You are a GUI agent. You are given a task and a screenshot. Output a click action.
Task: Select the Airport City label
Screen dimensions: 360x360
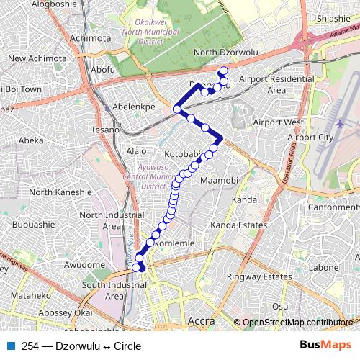(310, 137)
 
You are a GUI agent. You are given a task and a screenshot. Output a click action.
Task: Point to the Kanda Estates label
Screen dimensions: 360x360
(238, 225)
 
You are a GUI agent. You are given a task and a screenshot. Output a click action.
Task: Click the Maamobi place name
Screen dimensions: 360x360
(219, 179)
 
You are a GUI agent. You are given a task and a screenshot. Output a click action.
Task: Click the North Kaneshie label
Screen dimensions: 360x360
(60, 192)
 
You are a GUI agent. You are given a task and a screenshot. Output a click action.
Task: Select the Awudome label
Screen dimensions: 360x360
(85, 264)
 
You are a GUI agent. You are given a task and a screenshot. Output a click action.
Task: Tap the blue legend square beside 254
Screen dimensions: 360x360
(9, 346)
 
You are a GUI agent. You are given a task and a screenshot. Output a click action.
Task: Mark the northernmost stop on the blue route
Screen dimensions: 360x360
(223, 71)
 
